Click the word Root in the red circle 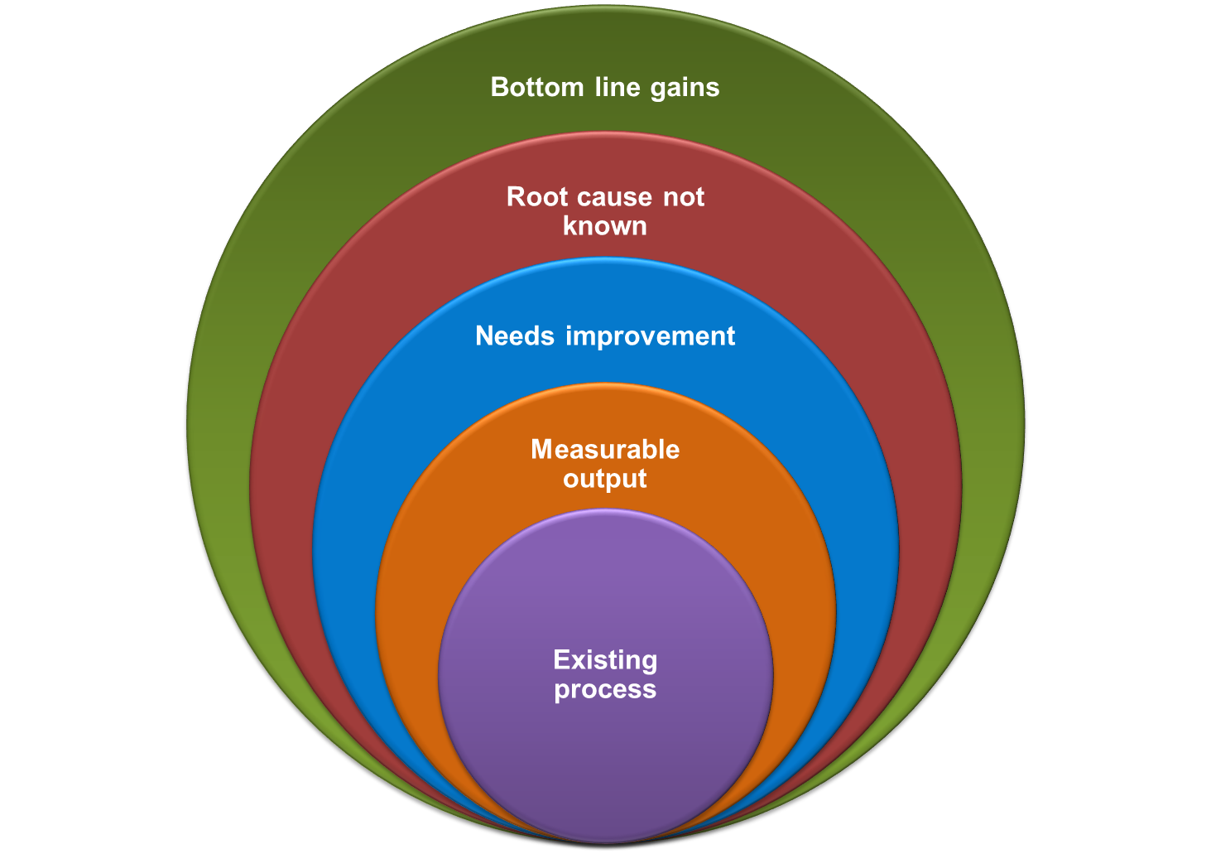537,197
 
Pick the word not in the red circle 683,197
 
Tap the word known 605,225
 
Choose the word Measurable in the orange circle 605,449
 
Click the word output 605,479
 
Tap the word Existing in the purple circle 605,659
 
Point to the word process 605,689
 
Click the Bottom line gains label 605,87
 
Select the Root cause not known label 605,211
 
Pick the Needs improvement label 605,335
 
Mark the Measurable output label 605,464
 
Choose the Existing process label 605,674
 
